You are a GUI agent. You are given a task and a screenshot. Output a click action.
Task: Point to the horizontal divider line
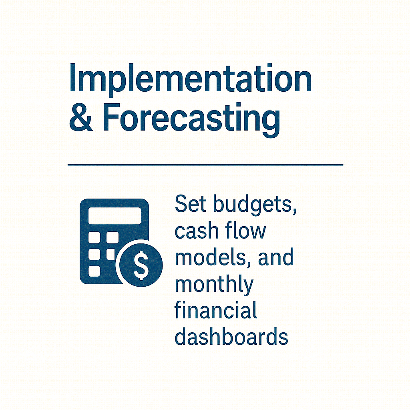click(x=205, y=165)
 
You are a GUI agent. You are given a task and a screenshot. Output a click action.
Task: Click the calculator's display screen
click(x=115, y=216)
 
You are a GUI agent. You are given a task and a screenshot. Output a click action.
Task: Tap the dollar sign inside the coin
click(x=141, y=265)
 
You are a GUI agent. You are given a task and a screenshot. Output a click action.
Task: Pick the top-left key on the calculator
click(x=94, y=237)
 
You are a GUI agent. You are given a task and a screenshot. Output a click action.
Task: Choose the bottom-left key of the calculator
click(x=94, y=271)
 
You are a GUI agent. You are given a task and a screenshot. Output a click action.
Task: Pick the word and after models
click(x=276, y=257)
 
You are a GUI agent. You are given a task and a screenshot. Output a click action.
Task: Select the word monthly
click(x=214, y=285)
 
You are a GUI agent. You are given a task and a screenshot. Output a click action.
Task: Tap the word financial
click(x=216, y=310)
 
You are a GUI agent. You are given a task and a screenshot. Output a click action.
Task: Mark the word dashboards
click(x=231, y=336)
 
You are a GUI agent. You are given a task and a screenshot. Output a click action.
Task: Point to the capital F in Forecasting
click(x=111, y=117)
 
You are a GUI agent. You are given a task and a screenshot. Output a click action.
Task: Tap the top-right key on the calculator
click(x=113, y=237)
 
